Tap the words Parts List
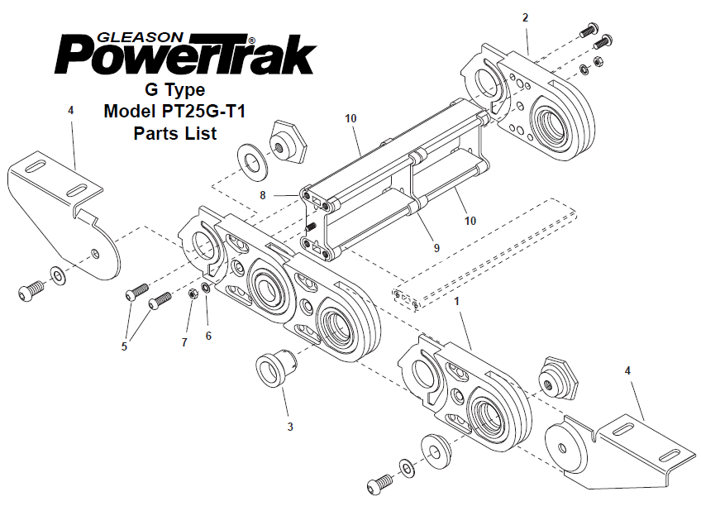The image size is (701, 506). coord(174,132)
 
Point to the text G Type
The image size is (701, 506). coord(174,89)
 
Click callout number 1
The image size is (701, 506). coord(456,303)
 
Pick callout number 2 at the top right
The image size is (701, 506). coord(526,17)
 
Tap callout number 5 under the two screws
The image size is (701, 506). coord(125,346)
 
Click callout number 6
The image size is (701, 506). coord(208,336)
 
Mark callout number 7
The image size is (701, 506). coord(185,341)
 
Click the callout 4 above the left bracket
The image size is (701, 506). coord(70,109)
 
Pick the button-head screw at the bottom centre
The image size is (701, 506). coord(381,480)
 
